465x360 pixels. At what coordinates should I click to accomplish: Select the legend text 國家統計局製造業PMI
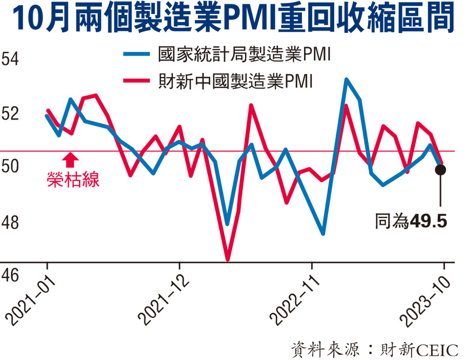244,54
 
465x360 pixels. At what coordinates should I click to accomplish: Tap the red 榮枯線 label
72,179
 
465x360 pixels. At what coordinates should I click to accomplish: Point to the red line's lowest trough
228,258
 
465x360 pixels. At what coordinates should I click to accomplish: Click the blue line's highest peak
347,79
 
